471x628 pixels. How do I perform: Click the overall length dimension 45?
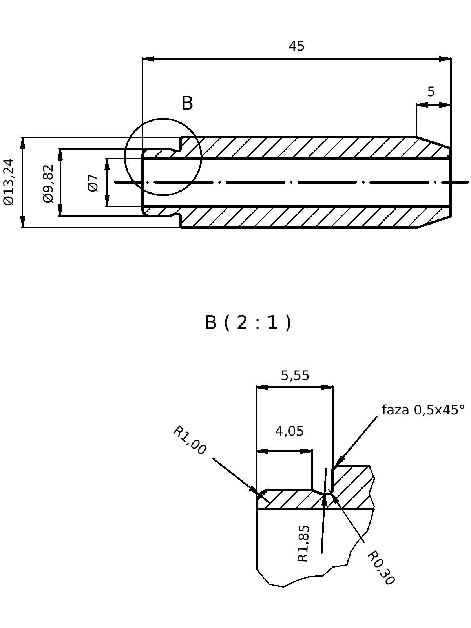296,46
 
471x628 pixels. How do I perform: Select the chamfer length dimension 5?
431,92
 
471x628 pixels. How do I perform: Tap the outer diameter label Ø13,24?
9,182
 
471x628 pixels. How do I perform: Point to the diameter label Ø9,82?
48,183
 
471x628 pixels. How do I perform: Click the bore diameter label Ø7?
93,183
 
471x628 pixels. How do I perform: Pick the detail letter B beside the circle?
187,103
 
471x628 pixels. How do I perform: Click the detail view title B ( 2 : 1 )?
248,323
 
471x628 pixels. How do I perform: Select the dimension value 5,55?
295,376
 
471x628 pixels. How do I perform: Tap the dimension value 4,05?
289,431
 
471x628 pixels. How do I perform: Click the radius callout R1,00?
190,440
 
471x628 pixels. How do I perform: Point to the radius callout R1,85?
303,544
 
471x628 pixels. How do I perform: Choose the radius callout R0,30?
380,568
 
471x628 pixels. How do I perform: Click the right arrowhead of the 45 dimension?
445,59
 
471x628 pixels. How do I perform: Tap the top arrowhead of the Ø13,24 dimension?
23,143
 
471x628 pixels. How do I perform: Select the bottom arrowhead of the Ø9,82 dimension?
60,210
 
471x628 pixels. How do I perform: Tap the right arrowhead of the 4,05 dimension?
307,451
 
